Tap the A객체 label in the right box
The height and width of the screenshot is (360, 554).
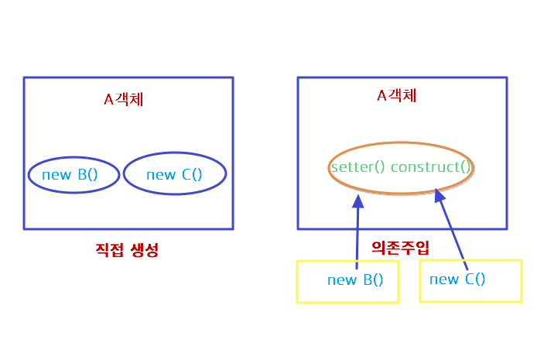396,96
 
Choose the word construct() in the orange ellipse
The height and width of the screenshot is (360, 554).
431,166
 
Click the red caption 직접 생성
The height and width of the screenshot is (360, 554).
126,250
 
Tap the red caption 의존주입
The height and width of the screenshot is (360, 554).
400,248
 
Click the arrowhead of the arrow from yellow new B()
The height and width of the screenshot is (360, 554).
357,201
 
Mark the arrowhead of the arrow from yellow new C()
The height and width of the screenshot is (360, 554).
439,196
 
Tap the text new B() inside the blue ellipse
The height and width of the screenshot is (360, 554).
70,175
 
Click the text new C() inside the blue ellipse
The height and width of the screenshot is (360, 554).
173,175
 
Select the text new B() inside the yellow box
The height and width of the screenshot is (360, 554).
355,280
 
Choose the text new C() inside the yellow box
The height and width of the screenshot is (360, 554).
457,279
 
